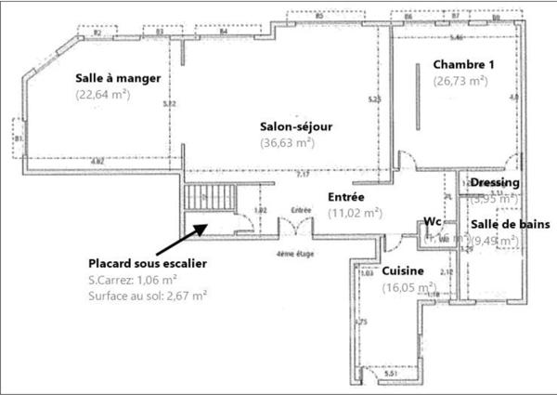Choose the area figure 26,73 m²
point(460,81)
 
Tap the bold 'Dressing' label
point(495,183)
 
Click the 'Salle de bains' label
point(510,224)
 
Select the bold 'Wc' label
point(432,222)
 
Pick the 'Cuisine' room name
point(404,270)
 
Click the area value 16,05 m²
point(409,288)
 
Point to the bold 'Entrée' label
point(346,197)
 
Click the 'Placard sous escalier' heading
point(147,263)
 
